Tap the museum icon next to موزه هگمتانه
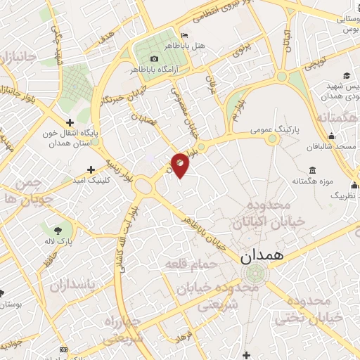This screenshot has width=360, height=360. (312, 170)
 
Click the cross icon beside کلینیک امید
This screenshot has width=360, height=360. (91, 169)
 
